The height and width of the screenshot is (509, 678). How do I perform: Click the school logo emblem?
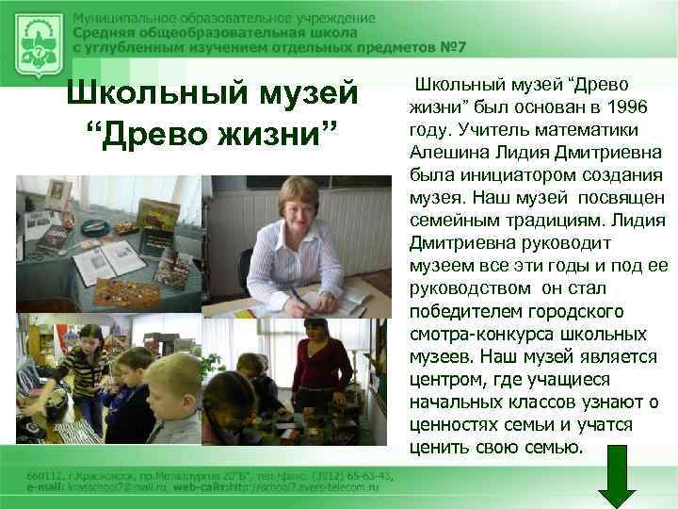39,41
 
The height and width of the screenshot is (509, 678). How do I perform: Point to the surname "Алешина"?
451,152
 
